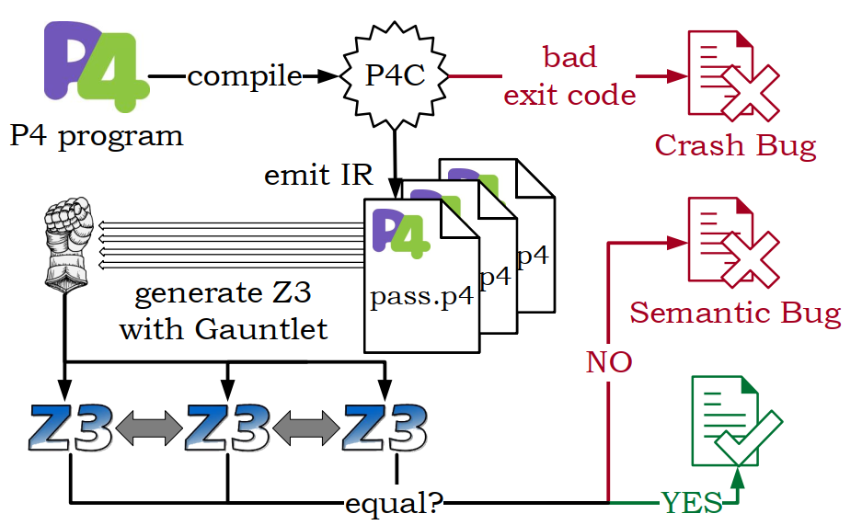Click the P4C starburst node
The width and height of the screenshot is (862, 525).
point(396,75)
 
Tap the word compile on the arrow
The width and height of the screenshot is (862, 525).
point(245,75)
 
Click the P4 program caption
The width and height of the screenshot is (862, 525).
point(97,136)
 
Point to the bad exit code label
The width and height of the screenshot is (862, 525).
point(570,75)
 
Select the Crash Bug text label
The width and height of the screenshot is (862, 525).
point(736,145)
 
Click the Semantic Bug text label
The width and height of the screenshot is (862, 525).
point(736,314)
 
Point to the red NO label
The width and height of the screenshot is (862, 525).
point(609,362)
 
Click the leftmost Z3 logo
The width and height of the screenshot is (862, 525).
point(71,428)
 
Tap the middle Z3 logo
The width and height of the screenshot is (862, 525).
point(227,428)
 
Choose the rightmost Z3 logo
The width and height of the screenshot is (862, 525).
point(385,428)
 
